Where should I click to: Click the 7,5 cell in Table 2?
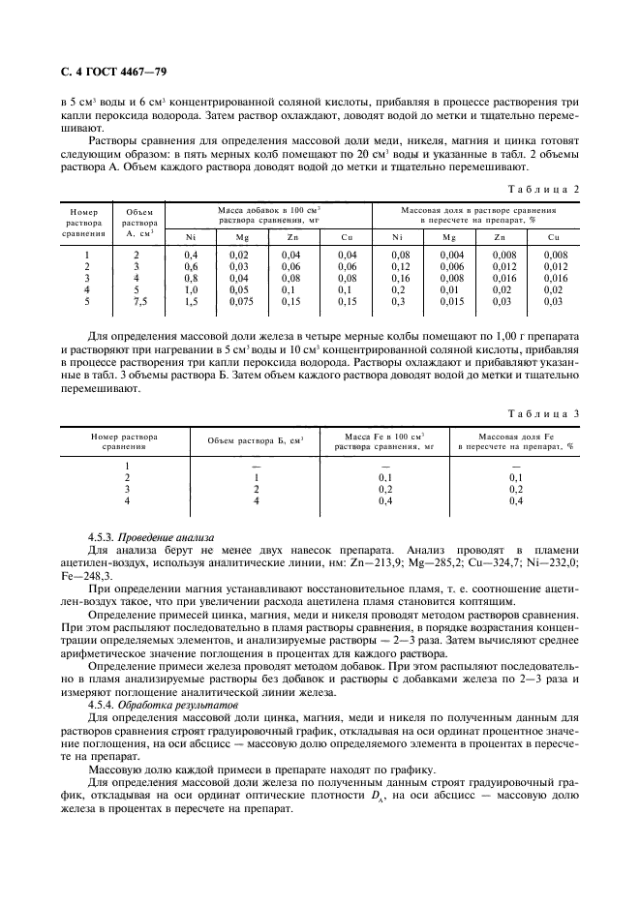136,300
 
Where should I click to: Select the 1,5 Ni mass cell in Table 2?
191,300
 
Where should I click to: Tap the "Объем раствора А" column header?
136,222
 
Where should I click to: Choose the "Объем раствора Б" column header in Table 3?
256,441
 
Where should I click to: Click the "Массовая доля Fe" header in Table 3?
514,441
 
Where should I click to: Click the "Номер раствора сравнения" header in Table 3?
124,441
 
